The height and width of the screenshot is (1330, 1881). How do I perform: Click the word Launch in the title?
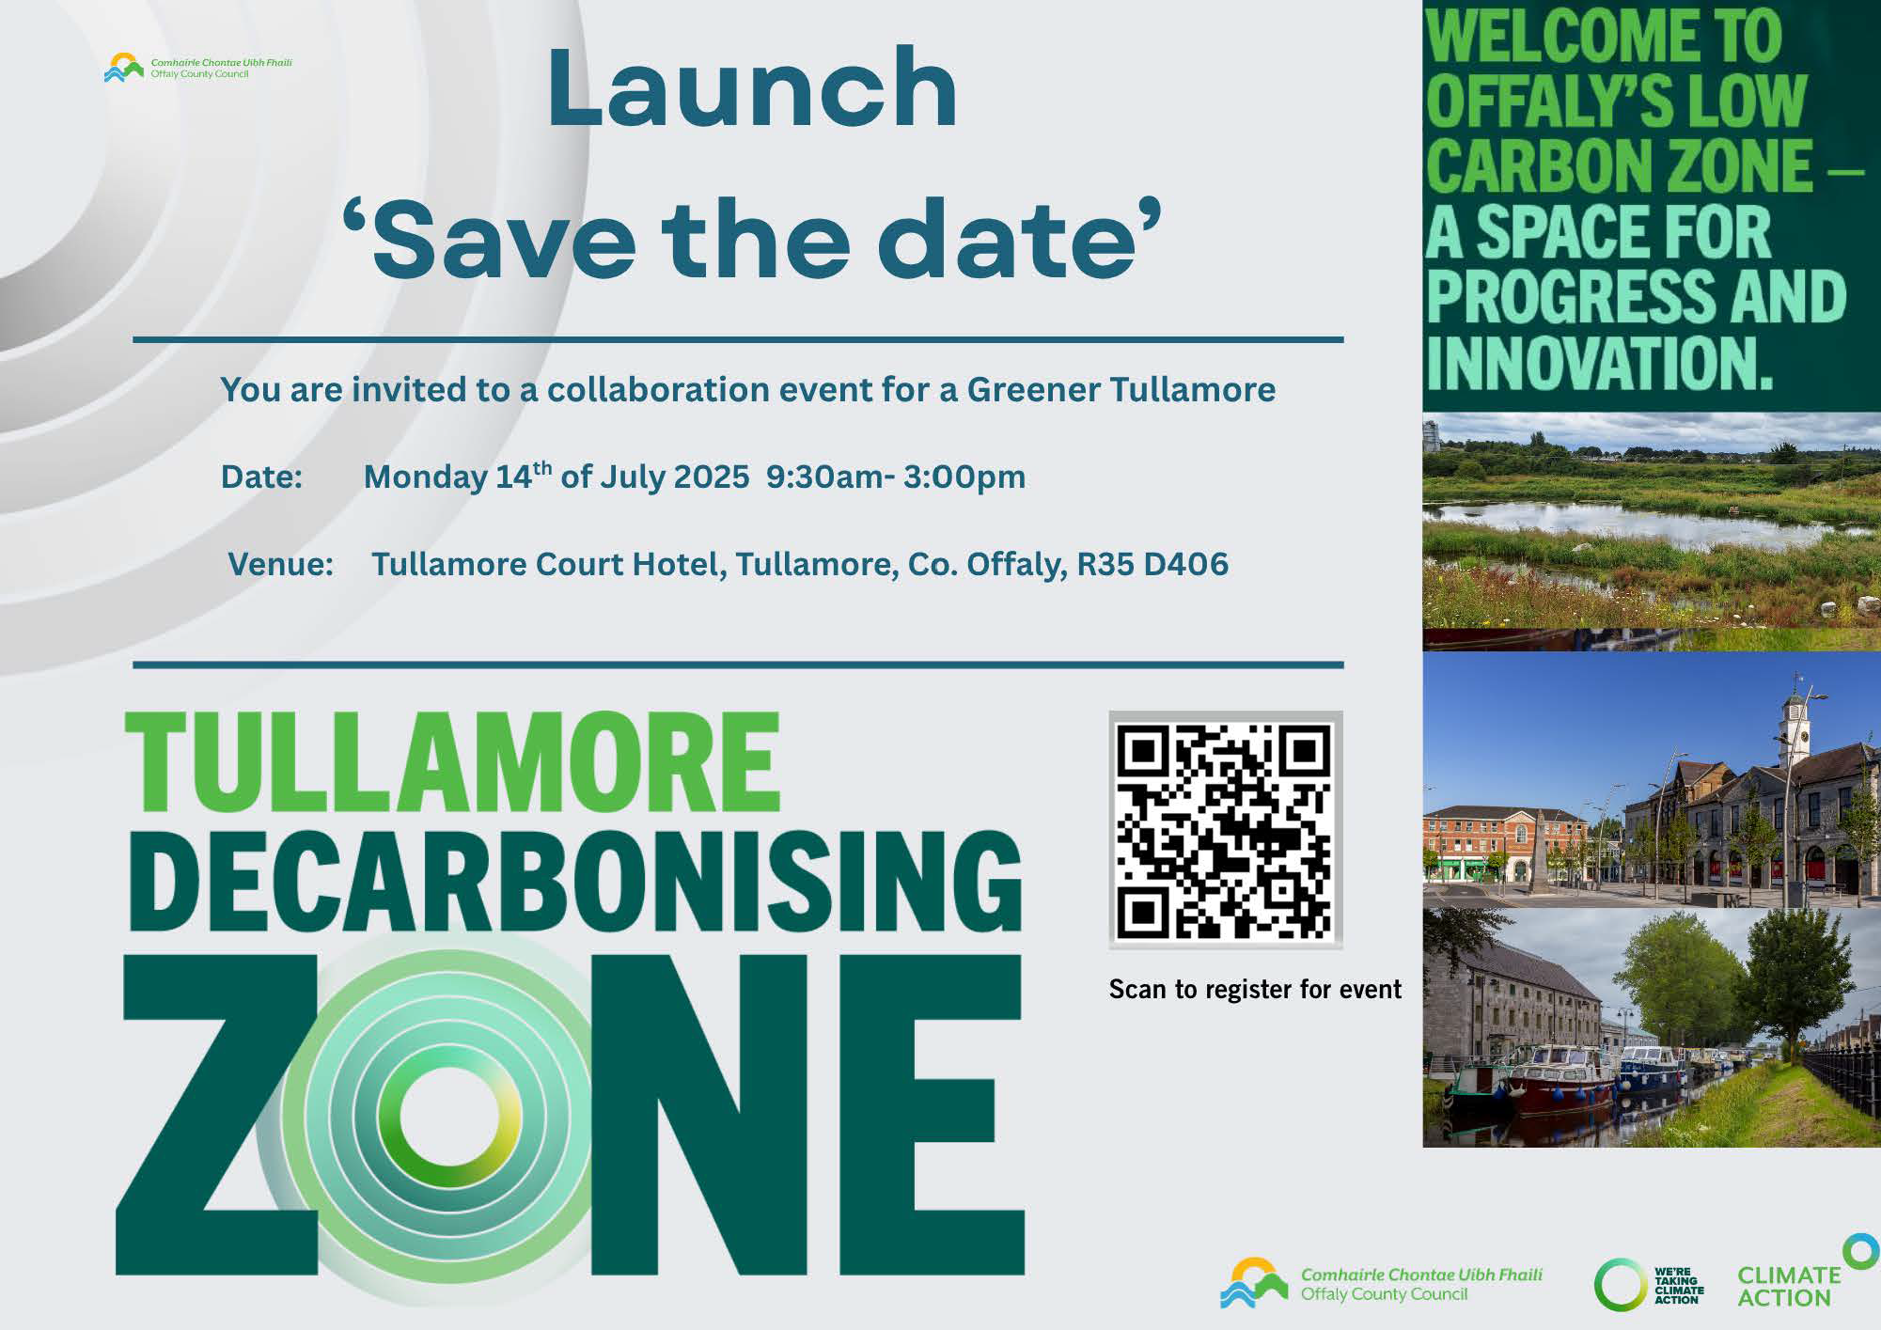[751, 89]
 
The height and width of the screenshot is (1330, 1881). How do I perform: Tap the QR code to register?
[1225, 830]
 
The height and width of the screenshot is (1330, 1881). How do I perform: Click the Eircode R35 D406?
[1152, 564]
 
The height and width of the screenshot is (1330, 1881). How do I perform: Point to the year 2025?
[712, 477]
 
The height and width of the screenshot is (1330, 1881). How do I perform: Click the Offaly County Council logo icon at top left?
[123, 68]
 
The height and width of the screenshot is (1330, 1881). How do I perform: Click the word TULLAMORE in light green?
[452, 762]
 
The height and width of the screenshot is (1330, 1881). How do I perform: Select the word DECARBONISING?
[574, 882]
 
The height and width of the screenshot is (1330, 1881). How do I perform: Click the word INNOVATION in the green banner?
[1599, 363]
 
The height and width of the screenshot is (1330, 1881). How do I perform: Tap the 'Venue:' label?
[280, 564]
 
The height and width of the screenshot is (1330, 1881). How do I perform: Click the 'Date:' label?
[261, 477]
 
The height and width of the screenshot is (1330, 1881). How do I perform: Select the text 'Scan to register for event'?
[1254, 989]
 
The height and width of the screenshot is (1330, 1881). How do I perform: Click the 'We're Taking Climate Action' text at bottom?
[1678, 1286]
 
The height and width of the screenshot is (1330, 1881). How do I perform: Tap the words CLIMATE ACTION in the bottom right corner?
[1787, 1287]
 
